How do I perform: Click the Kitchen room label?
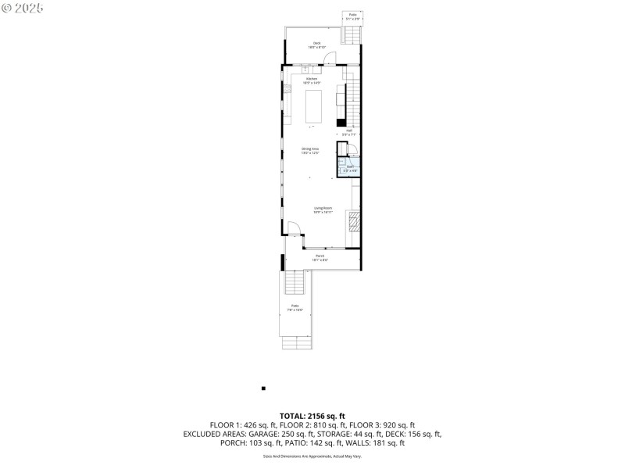(312, 80)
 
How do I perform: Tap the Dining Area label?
(311, 150)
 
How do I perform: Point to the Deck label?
(317, 45)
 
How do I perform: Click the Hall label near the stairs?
(348, 132)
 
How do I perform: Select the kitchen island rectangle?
(312, 107)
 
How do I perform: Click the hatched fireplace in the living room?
(355, 223)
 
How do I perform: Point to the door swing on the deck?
(330, 59)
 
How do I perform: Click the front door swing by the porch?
(293, 228)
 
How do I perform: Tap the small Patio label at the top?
(352, 16)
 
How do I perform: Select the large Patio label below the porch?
(295, 307)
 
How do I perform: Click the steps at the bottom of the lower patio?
(297, 342)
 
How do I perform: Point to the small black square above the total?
(263, 388)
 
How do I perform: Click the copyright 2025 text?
(23, 7)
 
